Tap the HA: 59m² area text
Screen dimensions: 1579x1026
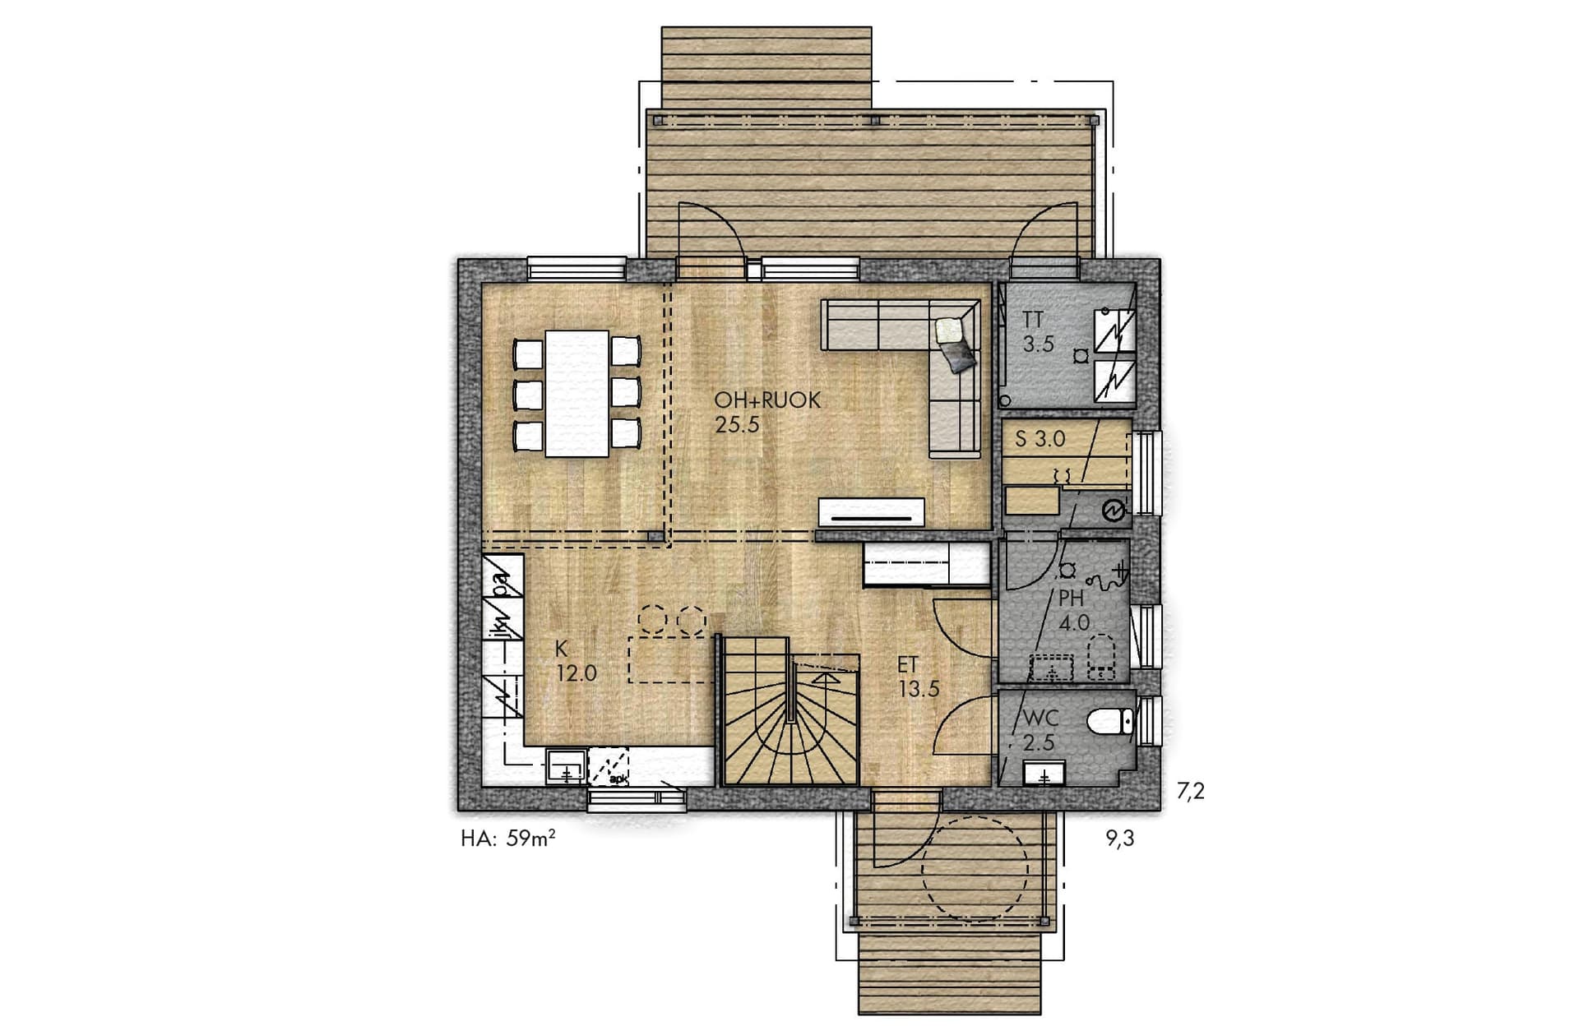[x=507, y=839]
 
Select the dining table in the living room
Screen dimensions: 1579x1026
[x=577, y=394]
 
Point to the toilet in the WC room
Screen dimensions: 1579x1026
[x=1111, y=721]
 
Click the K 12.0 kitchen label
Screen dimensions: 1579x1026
[x=576, y=662]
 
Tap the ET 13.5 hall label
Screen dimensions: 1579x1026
[x=918, y=677]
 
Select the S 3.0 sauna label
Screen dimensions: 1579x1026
[x=1040, y=439]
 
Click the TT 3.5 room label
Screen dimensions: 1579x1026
[x=1038, y=332]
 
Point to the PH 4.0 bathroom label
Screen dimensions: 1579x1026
[x=1073, y=610]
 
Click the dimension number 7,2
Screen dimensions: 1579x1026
[x=1190, y=791]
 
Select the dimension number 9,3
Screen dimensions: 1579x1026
[x=1120, y=839]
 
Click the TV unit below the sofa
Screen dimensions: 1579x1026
[x=872, y=513]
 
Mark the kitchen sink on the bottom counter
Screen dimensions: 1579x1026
[x=567, y=766]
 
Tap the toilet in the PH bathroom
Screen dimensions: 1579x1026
[x=1100, y=660]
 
